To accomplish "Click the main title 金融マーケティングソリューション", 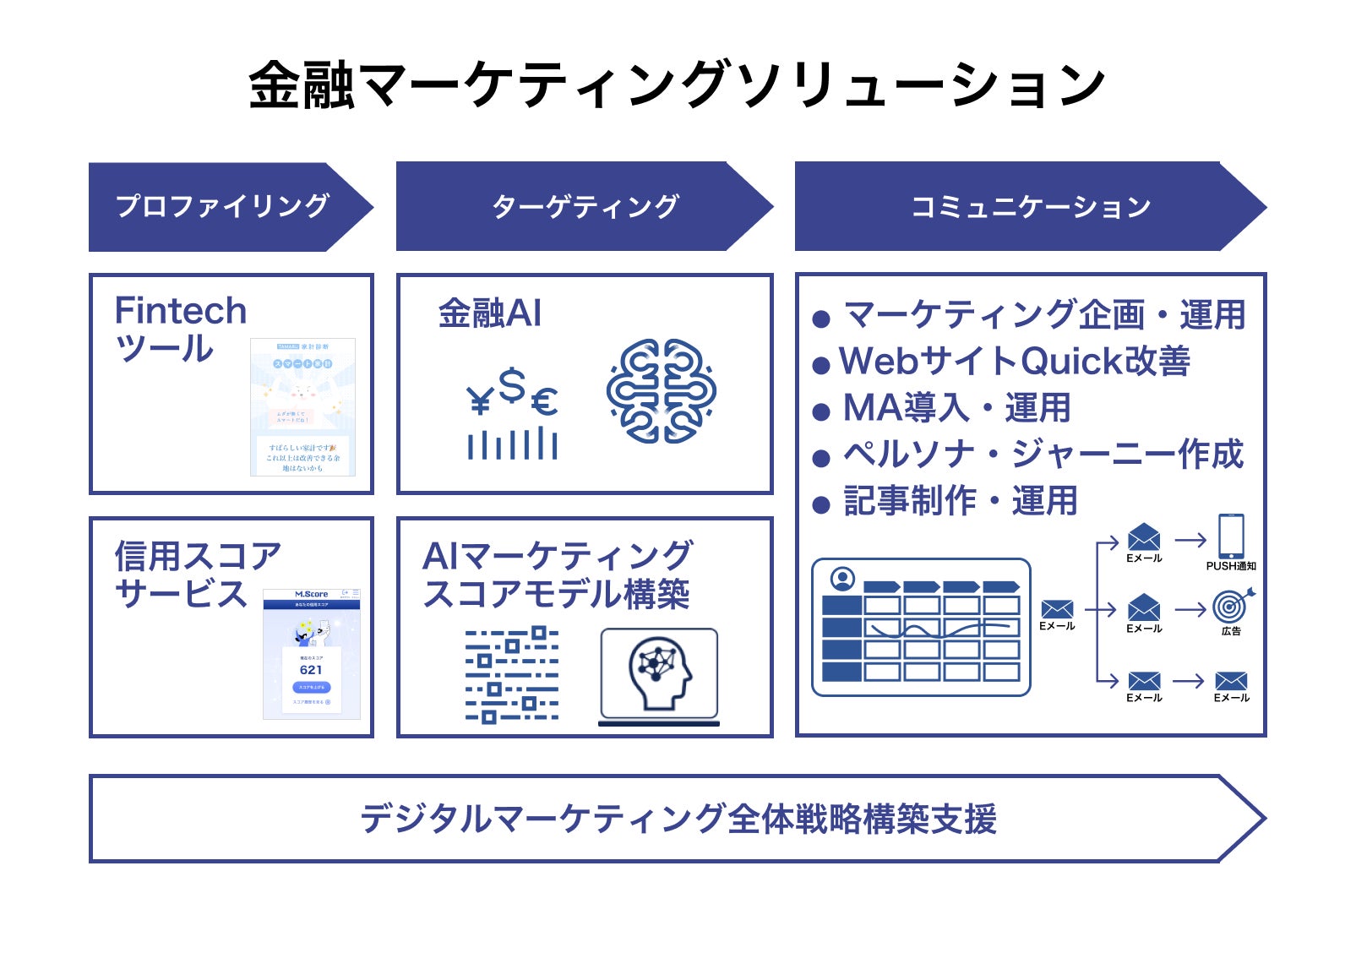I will coord(677,85).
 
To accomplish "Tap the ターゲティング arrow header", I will coord(585,206).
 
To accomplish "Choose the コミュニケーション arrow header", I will coord(1030,206).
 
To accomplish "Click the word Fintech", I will coord(180,311).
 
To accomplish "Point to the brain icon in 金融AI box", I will coord(661,391).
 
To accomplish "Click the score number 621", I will coord(311,670).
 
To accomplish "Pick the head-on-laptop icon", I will coord(659,676).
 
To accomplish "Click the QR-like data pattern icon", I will coord(511,674).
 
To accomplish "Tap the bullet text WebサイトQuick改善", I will coord(1014,362).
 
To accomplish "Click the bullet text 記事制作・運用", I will coord(960,501).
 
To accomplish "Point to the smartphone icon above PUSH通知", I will coord(1230,536).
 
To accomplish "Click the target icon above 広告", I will coord(1230,607).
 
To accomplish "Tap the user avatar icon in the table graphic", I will coord(842,580).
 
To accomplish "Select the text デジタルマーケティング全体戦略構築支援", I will coord(678,819).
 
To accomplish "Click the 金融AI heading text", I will coord(489,313).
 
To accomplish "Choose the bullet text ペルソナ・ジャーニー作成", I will coord(1043,455).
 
